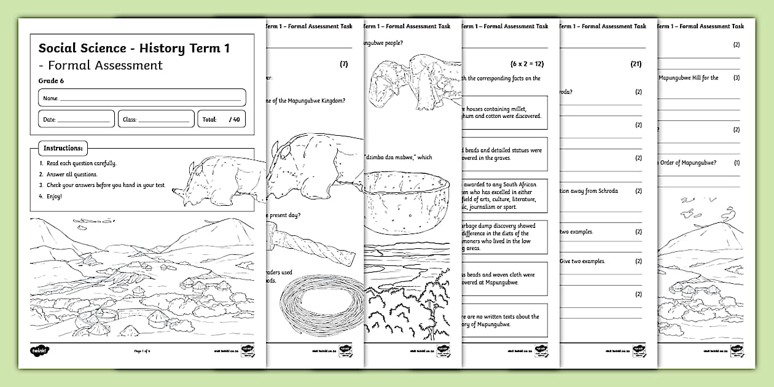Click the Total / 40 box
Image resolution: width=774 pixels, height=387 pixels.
tap(221, 119)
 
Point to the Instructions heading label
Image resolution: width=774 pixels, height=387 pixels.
tap(63, 149)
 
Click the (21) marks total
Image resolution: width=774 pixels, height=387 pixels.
tap(636, 63)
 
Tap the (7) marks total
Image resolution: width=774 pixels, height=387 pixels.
tap(343, 63)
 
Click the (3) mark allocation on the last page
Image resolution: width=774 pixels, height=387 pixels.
tap(737, 78)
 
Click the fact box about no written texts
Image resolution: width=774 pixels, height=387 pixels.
tap(504, 320)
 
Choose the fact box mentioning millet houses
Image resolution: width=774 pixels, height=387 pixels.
tap(504, 112)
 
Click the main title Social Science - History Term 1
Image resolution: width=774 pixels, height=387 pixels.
tap(134, 48)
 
